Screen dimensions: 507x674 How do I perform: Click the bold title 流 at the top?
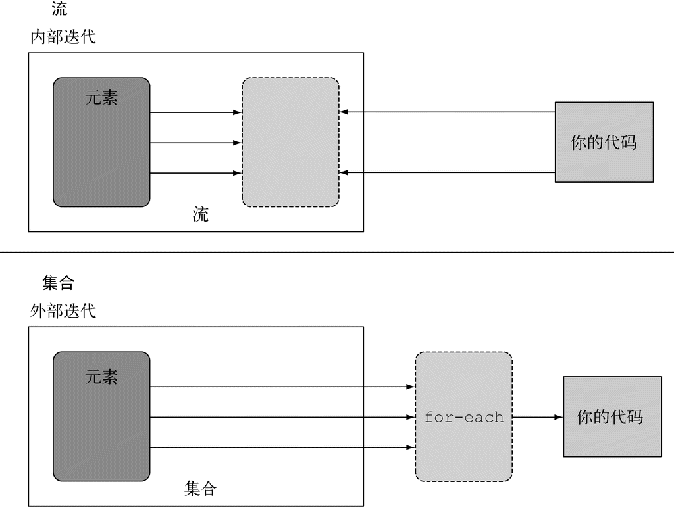59,9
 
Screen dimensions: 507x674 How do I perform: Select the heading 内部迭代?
63,37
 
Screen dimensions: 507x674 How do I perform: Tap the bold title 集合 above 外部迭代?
59,283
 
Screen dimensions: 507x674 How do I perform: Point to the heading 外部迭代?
63,311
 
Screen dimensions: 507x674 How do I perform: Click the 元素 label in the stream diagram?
101,98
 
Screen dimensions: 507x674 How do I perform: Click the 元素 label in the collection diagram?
101,376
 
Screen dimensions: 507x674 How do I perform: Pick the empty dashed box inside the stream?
290,142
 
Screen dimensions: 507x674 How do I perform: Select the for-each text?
463,417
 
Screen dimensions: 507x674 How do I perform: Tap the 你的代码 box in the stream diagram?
604,142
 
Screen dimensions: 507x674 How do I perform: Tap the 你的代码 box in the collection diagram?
611,417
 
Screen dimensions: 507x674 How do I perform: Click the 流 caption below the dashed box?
201,214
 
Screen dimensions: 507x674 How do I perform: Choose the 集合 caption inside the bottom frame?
199,489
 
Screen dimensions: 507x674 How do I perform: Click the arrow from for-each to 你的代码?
537,417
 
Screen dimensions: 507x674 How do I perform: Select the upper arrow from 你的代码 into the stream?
448,112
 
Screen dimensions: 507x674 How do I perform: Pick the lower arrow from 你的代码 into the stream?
448,172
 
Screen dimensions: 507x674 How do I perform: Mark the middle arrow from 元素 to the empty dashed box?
195,143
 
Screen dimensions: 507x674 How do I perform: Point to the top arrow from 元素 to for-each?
283,387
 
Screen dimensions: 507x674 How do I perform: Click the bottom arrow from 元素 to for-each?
283,447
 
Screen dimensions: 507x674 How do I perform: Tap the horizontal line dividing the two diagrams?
337,252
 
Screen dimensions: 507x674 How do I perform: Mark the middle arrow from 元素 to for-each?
283,417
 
